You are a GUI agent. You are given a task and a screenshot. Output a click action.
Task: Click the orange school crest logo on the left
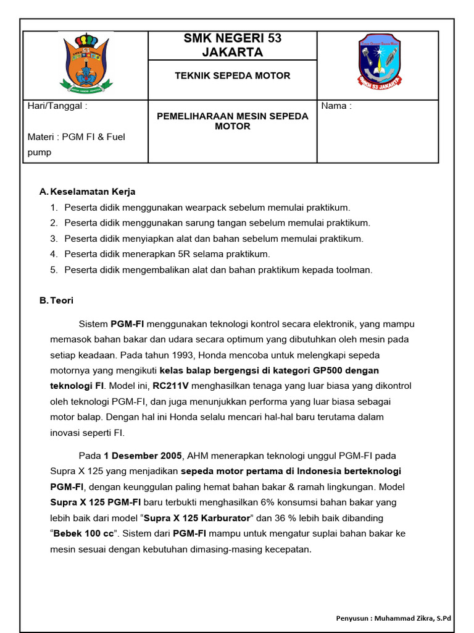tap(86, 62)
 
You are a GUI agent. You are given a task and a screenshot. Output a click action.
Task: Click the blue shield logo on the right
tap(379, 61)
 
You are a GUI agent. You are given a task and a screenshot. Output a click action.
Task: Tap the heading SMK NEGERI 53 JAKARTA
tap(232, 45)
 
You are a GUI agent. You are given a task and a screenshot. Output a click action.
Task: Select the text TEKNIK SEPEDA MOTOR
tap(232, 75)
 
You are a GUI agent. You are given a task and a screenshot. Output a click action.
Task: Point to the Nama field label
tap(336, 106)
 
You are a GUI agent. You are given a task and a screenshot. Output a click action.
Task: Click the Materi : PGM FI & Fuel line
tap(76, 137)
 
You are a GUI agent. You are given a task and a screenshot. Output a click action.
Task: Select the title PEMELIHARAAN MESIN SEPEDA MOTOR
tap(232, 121)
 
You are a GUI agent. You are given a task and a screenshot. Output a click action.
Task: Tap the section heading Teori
tap(62, 300)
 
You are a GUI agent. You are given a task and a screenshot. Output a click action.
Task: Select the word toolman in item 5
tap(354, 270)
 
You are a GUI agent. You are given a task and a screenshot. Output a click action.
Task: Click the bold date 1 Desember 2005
tap(143, 456)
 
